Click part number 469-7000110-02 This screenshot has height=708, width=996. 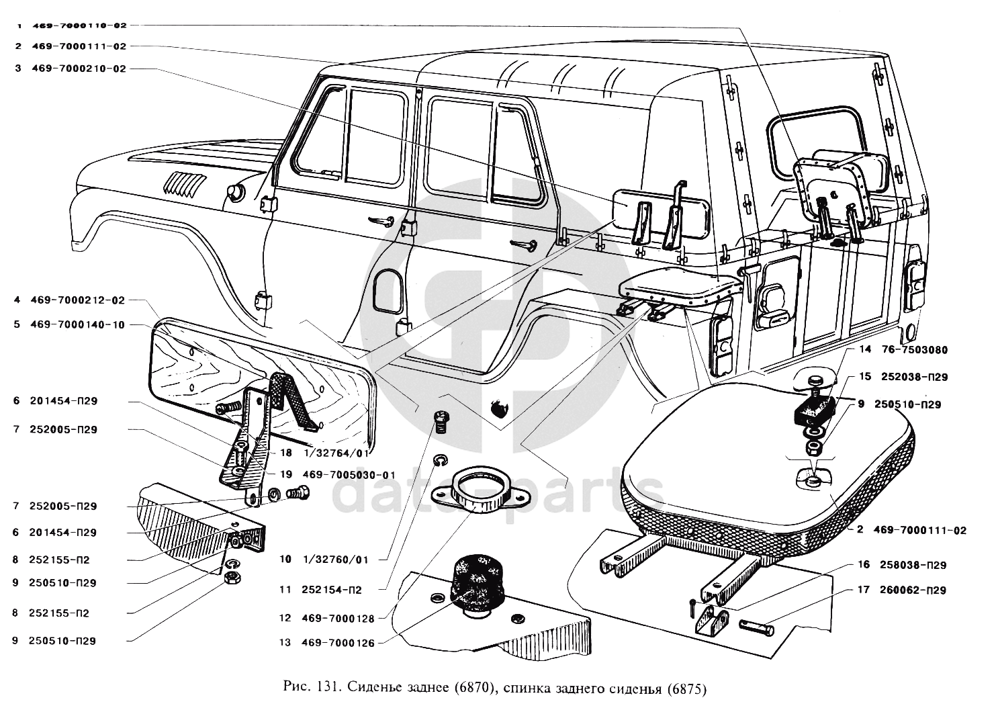coord(79,25)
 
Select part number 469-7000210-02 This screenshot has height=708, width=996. coord(79,69)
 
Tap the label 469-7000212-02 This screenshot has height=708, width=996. coord(78,300)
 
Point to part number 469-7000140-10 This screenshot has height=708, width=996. coord(78,324)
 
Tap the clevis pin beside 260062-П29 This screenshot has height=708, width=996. coord(757,628)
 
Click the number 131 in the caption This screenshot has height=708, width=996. coord(328,689)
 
